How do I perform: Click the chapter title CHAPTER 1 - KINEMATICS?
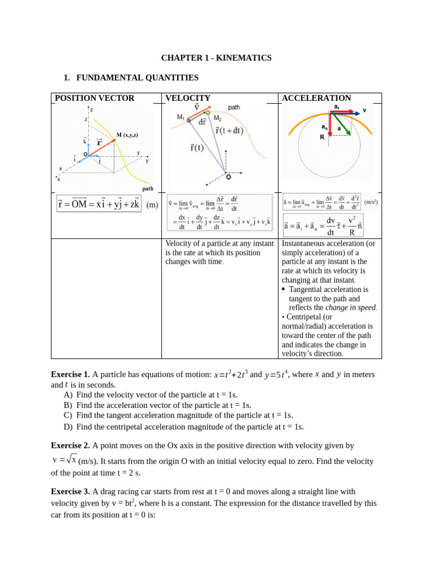[216, 58]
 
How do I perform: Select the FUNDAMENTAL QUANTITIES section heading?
[137, 78]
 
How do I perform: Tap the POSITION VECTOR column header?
[95, 98]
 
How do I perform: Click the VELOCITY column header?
[188, 98]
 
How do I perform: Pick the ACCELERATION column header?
[316, 98]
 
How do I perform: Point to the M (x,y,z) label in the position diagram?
[127, 135]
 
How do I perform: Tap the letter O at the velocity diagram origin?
[228, 177]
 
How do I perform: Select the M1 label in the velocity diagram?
[180, 117]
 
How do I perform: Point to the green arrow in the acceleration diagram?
[340, 124]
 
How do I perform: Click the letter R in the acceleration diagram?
[322, 137]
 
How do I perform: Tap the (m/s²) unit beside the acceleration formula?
[371, 202]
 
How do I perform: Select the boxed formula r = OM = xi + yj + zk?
[98, 204]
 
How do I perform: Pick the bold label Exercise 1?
[70, 375]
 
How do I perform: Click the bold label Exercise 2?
[70, 445]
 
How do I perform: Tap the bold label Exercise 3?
[70, 491]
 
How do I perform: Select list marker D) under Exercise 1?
[68, 427]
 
